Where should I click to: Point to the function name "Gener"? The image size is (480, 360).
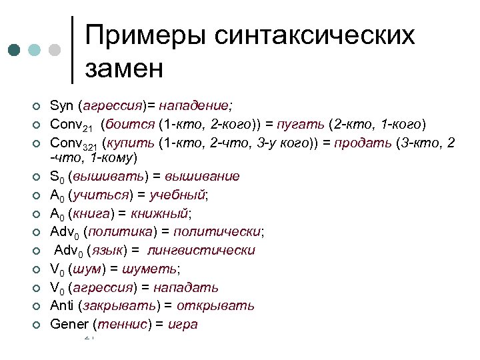[70, 325]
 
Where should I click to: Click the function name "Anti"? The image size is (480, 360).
[62, 306]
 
